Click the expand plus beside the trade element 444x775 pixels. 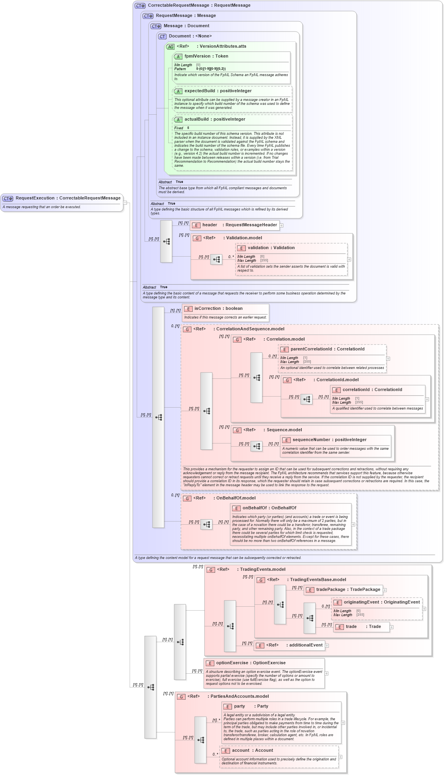[x=391, y=627]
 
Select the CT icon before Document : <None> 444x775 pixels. [x=162, y=37]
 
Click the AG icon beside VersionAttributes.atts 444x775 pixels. [x=170, y=47]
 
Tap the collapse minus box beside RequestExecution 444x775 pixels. [x=125, y=203]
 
